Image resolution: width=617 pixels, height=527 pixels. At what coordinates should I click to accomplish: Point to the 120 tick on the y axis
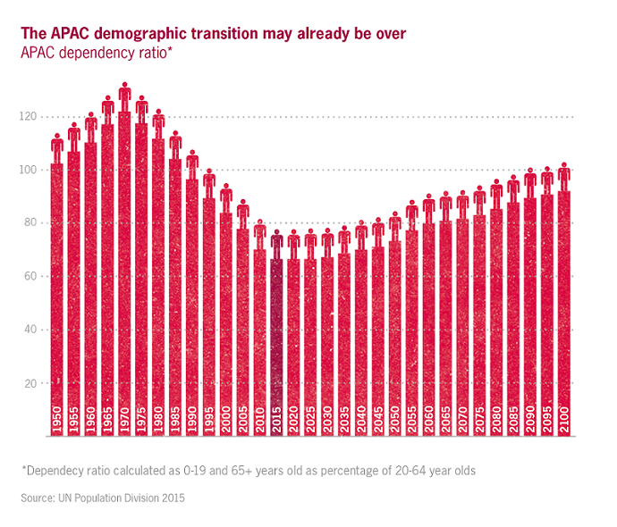[30, 117]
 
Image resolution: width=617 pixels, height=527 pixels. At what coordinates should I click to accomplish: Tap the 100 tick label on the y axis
[30, 170]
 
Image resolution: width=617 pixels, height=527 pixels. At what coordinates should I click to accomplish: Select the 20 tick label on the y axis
[32, 383]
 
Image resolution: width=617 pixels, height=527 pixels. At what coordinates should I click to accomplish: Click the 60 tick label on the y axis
[32, 277]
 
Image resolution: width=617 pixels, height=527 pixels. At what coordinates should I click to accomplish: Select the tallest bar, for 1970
[124, 268]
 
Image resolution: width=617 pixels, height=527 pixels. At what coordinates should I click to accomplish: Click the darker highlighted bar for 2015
[277, 339]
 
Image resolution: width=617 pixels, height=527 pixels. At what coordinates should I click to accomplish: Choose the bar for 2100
[564, 304]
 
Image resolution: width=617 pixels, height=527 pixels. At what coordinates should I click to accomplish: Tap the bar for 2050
[395, 330]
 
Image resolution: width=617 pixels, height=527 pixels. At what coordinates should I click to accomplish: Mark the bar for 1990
[192, 295]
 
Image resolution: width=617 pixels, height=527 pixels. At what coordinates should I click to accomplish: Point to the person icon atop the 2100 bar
[564, 176]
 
